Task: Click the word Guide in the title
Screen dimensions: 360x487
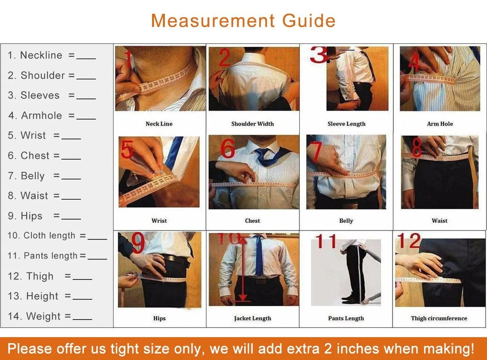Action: point(308,21)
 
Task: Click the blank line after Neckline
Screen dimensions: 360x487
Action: point(86,58)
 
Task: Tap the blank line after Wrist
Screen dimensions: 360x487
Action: point(71,138)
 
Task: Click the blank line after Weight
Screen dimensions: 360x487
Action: point(82,319)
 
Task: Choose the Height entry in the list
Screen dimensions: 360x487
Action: point(42,296)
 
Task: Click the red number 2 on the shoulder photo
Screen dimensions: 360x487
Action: point(224,58)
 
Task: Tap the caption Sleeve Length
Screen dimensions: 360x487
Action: point(346,124)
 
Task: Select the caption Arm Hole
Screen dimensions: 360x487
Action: point(439,124)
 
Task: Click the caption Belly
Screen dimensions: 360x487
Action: point(346,221)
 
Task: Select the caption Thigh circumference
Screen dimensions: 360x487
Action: point(439,318)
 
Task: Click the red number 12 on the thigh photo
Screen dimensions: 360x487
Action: point(409,241)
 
